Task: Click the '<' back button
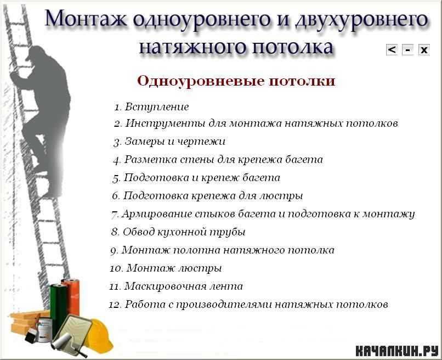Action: coord(392,49)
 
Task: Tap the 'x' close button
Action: coord(424,49)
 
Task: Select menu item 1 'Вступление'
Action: coord(151,107)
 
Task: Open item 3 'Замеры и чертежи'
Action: coord(169,142)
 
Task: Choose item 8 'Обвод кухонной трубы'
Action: coord(178,232)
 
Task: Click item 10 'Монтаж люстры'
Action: coord(166,268)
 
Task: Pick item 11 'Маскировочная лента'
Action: coord(176,286)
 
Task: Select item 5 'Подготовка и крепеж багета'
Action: coord(196,178)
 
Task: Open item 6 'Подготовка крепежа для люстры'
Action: coord(207,196)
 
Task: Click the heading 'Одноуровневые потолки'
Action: coord(236,81)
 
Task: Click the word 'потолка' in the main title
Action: coord(292,47)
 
